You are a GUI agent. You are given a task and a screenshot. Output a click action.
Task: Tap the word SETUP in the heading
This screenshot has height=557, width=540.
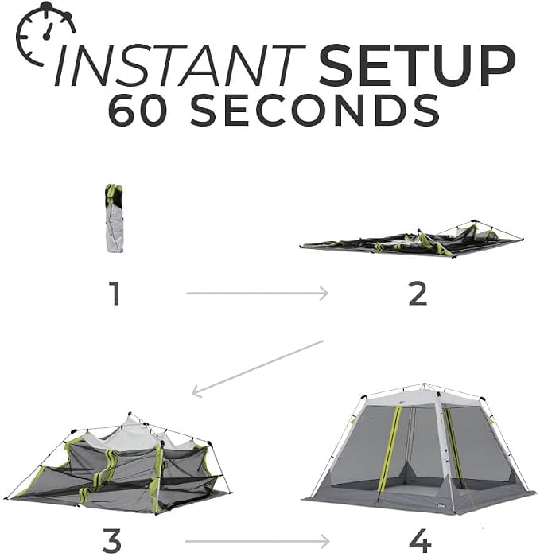pyautogui.click(x=417, y=65)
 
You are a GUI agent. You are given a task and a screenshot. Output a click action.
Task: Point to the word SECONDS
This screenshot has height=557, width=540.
pyautogui.click(x=314, y=110)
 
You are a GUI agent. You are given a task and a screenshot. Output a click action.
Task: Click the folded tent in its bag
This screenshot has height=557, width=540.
pyautogui.click(x=115, y=218)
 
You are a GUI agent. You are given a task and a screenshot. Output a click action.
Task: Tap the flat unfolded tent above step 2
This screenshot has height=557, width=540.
pyautogui.click(x=412, y=239)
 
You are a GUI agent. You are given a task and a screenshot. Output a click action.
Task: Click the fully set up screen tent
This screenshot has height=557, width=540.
pyautogui.click(x=419, y=449)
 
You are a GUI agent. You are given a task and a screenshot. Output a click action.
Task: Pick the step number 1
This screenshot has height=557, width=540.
pyautogui.click(x=115, y=293)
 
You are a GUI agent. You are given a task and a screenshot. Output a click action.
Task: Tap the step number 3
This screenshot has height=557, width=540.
pyautogui.click(x=112, y=539)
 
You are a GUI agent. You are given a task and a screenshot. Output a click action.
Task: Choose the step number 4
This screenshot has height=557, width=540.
pyautogui.click(x=421, y=540)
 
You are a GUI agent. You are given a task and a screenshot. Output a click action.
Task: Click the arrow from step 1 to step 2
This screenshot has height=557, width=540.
pyautogui.click(x=258, y=294)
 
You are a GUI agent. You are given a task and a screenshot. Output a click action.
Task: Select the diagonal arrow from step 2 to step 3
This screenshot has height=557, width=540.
pyautogui.click(x=257, y=368)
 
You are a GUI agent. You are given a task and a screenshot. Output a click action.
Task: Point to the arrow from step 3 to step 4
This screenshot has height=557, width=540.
pyautogui.click(x=258, y=541)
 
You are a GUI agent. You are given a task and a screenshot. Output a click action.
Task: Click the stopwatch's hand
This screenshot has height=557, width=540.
pyautogui.click(x=47, y=31)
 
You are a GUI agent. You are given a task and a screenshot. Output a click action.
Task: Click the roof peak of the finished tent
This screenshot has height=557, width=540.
pyautogui.click(x=424, y=385)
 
